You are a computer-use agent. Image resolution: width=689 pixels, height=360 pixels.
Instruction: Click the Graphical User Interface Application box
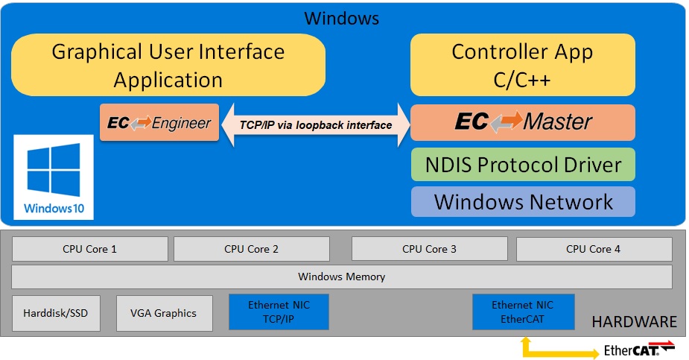(x=168, y=66)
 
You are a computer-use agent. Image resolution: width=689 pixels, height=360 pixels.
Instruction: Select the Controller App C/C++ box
(x=522, y=66)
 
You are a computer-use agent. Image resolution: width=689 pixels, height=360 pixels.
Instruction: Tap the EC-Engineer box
(x=159, y=123)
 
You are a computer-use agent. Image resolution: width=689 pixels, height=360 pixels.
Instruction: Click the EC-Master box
(x=522, y=122)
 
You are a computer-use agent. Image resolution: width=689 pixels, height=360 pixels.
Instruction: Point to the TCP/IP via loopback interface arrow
(x=315, y=124)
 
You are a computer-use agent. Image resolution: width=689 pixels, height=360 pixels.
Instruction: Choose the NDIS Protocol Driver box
(x=522, y=165)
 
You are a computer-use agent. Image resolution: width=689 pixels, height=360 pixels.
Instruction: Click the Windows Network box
(x=522, y=201)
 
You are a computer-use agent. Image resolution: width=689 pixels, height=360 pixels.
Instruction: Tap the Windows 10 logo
(x=54, y=177)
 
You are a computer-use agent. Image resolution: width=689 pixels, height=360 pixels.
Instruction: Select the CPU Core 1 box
(x=89, y=249)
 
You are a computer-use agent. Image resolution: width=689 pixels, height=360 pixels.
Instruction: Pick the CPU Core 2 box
(x=251, y=249)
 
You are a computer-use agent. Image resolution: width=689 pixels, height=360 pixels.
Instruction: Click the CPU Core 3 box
(x=429, y=249)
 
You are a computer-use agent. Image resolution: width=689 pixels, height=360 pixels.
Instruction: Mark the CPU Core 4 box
(x=593, y=249)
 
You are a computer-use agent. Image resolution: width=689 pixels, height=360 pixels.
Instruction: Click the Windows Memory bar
(x=341, y=277)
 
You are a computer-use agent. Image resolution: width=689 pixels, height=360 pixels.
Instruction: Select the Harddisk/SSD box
(x=55, y=313)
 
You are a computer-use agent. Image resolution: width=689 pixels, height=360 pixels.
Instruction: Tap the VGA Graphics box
(x=164, y=313)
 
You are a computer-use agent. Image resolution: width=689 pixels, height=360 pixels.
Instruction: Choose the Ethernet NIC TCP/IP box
(x=279, y=312)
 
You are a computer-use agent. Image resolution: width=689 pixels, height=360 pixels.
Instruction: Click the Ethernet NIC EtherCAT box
(x=523, y=312)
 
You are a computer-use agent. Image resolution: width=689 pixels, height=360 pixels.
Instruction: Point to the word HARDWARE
(x=634, y=322)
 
